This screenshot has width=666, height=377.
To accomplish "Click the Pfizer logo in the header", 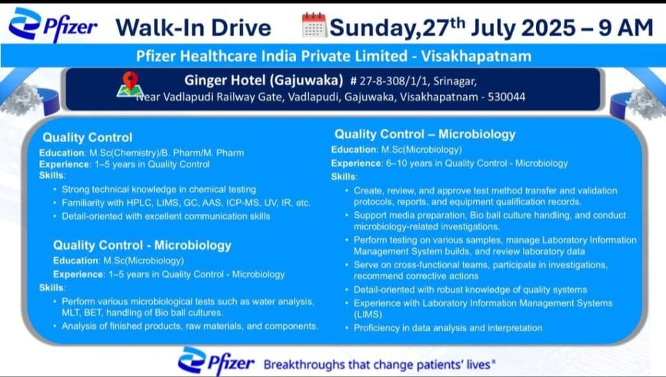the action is pos(53,25).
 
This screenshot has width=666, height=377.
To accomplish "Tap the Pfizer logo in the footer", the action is pos(216,361).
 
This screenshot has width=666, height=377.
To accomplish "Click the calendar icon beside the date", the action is pos(314,25).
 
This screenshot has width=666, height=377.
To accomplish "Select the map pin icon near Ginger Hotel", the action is pos(130,84).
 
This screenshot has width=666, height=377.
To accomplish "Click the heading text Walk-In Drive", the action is pos(193,27).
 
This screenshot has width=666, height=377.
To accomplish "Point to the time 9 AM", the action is pos(626,27).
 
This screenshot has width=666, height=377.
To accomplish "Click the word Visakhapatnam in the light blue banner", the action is pos(476,56).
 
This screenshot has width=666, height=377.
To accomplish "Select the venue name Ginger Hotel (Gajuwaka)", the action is pos(264,80).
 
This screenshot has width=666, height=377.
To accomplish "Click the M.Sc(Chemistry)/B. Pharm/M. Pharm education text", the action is pos(166,153).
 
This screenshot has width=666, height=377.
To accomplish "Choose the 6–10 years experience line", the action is pos(449,163).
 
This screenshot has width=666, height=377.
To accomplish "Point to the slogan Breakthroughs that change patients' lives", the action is pos(379,365).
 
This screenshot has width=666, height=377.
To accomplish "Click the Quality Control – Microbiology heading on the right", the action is pos(425,135).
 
